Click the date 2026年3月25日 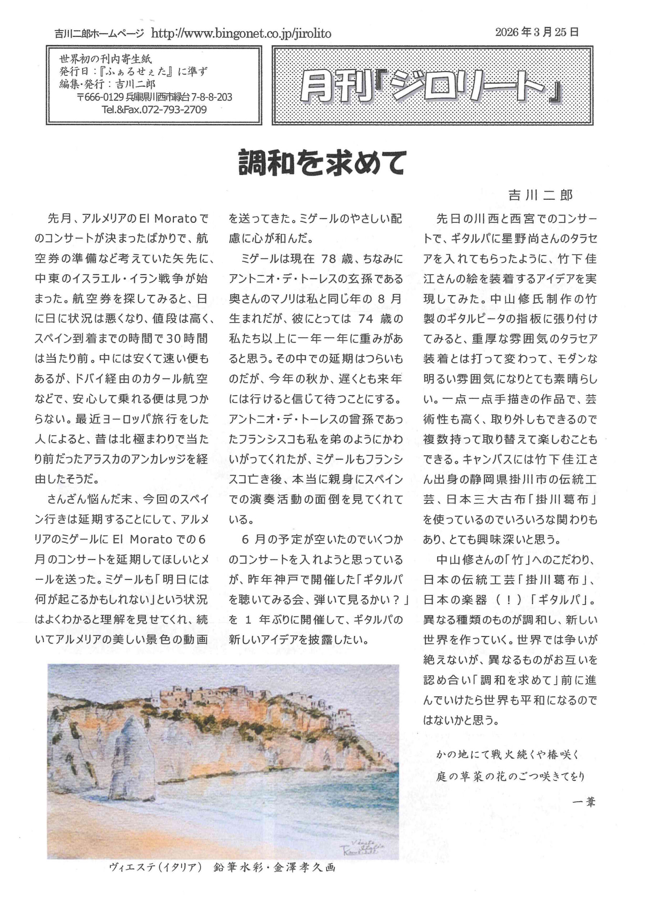click(537, 32)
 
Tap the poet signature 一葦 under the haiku click(584, 802)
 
